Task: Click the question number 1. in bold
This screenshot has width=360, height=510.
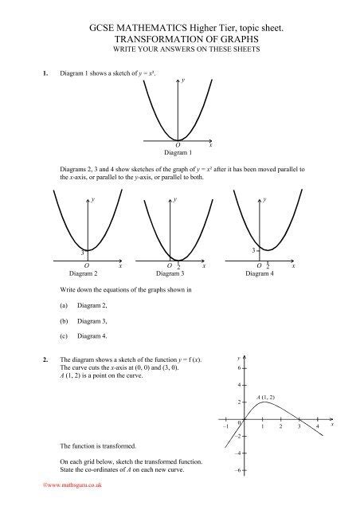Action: pyautogui.click(x=32, y=73)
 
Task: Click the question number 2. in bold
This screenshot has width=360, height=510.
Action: pyautogui.click(x=32, y=359)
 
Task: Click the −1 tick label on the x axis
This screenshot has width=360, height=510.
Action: pyautogui.click(x=225, y=428)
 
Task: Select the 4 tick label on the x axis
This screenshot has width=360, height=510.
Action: pyautogui.click(x=317, y=428)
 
